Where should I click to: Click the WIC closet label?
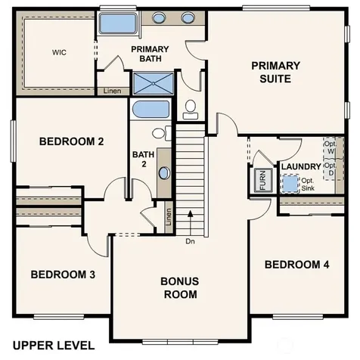point(59,52)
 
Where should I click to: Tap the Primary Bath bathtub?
point(118,23)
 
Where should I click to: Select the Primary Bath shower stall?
point(154,83)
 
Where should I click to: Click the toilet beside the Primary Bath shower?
point(191,109)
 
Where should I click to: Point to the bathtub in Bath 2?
point(151,109)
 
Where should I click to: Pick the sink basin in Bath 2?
point(164,173)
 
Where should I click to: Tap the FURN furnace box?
point(263,180)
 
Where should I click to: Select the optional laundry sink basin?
point(290,184)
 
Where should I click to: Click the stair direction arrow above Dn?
point(191,223)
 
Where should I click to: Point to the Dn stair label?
point(190,241)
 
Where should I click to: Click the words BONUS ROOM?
point(180,287)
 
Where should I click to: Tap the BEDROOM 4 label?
point(297,265)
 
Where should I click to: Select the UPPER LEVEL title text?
point(54,346)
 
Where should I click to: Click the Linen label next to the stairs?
point(169,217)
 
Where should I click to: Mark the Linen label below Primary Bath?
point(112,91)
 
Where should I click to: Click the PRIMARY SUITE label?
point(275,72)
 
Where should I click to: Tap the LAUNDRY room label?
point(301,166)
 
